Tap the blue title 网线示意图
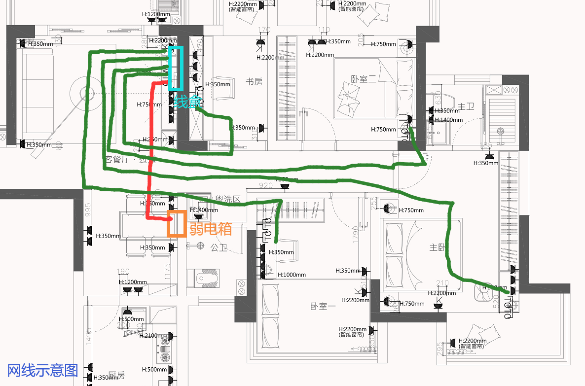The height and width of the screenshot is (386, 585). coord(43,370)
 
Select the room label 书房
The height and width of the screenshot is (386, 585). coord(254,82)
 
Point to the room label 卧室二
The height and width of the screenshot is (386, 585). coord(364,79)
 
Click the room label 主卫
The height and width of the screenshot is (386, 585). coord(466,106)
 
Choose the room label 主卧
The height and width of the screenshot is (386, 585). coord(437,248)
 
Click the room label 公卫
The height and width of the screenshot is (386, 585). coord(219,247)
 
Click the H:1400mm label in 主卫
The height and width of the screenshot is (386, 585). coord(448,120)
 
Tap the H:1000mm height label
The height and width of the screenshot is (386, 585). coord(292,275)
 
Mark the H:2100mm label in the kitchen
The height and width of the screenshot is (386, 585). coord(154,336)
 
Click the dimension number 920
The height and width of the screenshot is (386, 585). coord(265,186)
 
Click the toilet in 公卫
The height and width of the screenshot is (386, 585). coord(207,278)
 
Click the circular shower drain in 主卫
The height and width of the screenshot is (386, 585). coord(501,132)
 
